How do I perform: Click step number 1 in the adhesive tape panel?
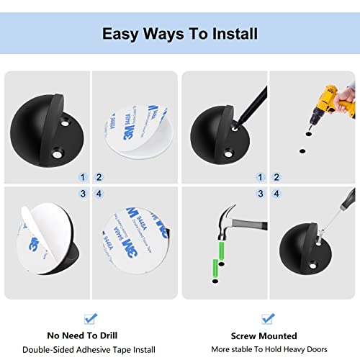tap(82, 176)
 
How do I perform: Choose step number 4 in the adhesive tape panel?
tap(100, 193)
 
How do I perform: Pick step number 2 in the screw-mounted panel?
tap(276, 176)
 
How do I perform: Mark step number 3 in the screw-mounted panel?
tap(259, 193)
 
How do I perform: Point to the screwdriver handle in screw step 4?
tap(348, 203)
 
